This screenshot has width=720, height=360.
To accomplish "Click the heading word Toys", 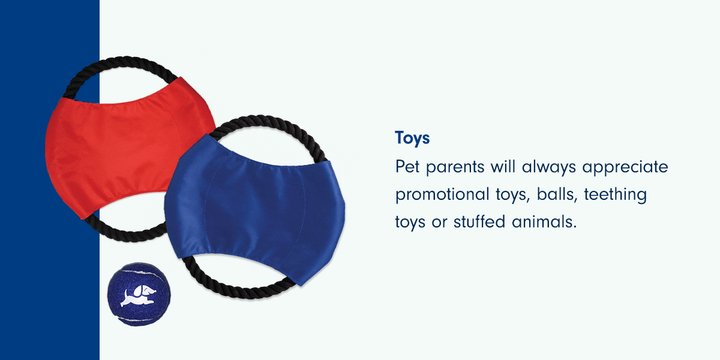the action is [412, 138].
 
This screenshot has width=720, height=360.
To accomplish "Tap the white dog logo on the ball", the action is [138, 296].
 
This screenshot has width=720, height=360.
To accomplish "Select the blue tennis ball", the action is [139, 295].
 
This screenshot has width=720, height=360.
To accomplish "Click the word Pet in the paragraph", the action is [407, 167].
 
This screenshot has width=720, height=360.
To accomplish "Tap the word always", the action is [548, 167].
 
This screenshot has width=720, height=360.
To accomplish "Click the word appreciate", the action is [625, 167].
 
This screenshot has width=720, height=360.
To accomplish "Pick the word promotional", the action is [443, 195].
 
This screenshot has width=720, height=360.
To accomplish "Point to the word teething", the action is [615, 195].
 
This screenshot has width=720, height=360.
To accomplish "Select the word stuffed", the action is [479, 222].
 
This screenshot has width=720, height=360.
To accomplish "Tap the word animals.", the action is [544, 222].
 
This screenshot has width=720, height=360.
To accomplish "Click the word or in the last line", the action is [439, 223].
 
